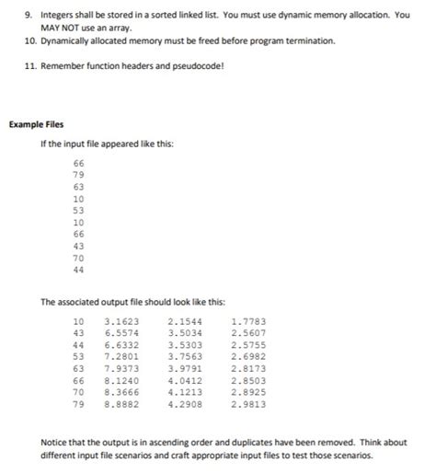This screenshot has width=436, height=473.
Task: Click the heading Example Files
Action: point(36,124)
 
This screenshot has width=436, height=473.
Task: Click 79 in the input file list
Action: point(78,174)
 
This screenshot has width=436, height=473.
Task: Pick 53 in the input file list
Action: point(78,211)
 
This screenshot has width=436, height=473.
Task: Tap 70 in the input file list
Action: point(78,259)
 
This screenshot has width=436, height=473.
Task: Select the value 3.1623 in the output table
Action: point(123,321)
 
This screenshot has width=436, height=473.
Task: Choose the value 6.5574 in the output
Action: point(123,332)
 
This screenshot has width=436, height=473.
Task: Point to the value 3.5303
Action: point(186,343)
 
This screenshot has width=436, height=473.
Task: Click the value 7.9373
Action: point(123,366)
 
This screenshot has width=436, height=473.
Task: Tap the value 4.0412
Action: point(186,378)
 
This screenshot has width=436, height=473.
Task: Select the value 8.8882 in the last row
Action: point(123,401)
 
